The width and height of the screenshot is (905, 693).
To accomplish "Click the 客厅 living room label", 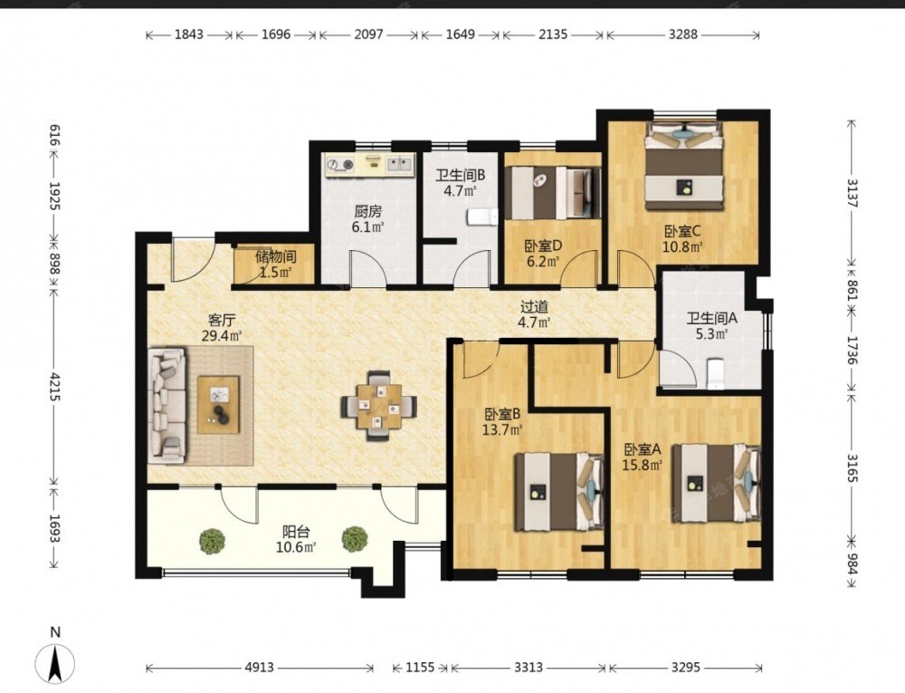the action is point(222,320).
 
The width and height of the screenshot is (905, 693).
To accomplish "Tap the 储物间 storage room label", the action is point(276,256).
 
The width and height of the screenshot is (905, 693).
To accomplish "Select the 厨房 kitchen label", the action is point(368,211).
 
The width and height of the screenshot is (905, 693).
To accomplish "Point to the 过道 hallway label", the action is point(534,307).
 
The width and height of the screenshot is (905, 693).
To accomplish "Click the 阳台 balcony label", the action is point(296,531).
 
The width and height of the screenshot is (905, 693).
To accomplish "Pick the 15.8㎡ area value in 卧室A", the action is point(642,465).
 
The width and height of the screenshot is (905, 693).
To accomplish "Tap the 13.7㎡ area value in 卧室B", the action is point(502,429).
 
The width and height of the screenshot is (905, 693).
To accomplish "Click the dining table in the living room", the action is point(378,407).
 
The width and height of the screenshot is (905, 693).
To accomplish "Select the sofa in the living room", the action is point(167,405).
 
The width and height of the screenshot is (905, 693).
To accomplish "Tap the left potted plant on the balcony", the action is point(213,541).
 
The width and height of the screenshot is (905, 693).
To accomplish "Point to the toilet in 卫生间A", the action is point(715,373).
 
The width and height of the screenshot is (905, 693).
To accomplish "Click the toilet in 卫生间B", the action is point(483,217).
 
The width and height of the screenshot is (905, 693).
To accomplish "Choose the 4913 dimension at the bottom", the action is point(259,668).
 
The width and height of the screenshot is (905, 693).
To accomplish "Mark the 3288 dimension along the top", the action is point(682,34).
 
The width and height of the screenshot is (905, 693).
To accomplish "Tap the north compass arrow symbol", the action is point(55,663).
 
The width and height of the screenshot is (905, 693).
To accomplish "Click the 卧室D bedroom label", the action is point(542,246).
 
